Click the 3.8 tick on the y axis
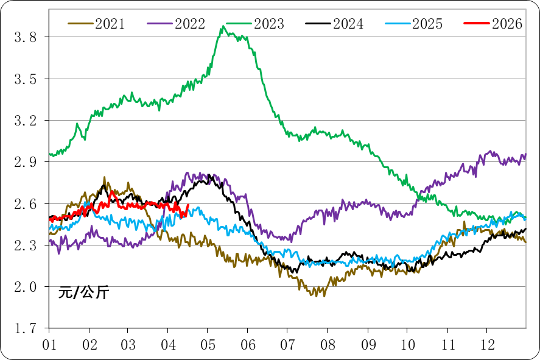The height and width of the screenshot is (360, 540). (x=25, y=38)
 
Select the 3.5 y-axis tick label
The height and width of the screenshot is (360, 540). (x=25, y=79)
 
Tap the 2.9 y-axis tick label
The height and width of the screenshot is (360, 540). (x=25, y=162)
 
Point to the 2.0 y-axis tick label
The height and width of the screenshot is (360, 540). (x=25, y=287)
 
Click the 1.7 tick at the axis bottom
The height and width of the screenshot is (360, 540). (x=25, y=328)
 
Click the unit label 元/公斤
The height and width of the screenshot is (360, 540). (x=83, y=292)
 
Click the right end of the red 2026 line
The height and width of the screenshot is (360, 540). (x=188, y=205)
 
